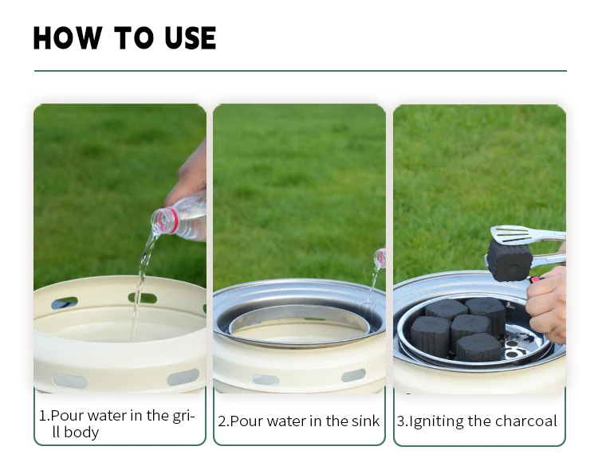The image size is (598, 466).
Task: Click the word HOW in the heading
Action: point(68,38)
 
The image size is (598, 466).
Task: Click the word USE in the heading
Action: point(191,38)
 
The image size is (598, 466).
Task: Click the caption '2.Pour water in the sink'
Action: point(299,421)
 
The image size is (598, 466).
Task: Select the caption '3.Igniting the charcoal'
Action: point(477,421)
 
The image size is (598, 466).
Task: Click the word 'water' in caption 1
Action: point(104,415)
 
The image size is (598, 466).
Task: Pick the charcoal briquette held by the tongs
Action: point(509,260)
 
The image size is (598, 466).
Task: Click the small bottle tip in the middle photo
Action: point(380,258)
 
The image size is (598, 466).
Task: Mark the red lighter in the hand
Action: point(535,280)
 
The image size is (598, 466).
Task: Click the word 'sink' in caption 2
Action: point(366,421)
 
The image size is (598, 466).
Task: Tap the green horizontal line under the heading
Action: point(301,71)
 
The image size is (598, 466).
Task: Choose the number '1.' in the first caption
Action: point(44,416)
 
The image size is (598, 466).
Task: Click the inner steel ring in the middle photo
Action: point(300,313)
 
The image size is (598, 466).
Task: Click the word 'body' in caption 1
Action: point(81,433)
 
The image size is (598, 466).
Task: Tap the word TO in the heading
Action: point(133,38)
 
